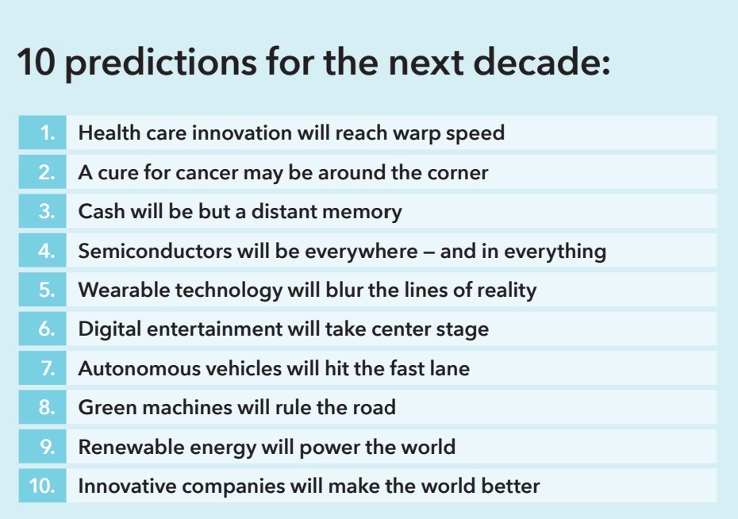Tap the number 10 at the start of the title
[35, 63]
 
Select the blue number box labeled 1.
[43, 133]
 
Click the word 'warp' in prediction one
[416, 133]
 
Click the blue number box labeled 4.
[43, 252]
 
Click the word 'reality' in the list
[506, 290]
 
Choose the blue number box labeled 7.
[43, 369]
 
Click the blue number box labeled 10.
[43, 486]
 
